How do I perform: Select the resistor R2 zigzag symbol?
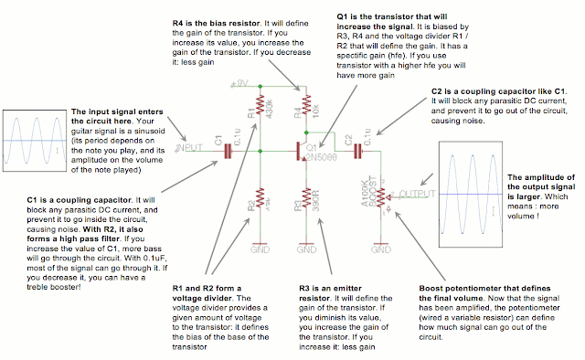(260, 196)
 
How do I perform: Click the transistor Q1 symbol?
(300, 149)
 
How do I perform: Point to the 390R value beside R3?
(316, 197)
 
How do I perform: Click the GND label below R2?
(260, 248)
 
